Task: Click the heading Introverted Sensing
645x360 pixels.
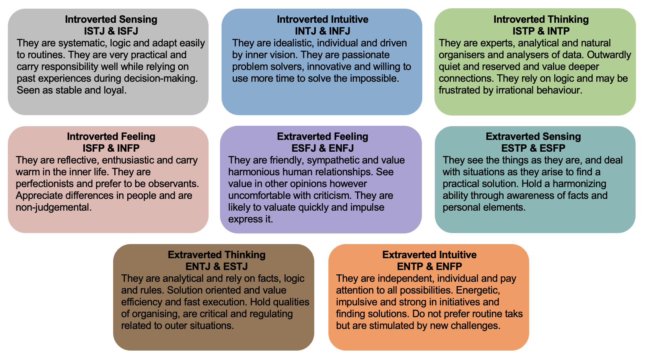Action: coord(111,19)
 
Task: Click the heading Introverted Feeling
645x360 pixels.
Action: coord(111,136)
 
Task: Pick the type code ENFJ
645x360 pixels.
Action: coord(341,148)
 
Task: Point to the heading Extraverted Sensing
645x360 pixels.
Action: coord(533,136)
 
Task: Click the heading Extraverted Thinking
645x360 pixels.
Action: coord(216,255)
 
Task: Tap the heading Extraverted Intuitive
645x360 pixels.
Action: coord(429,255)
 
